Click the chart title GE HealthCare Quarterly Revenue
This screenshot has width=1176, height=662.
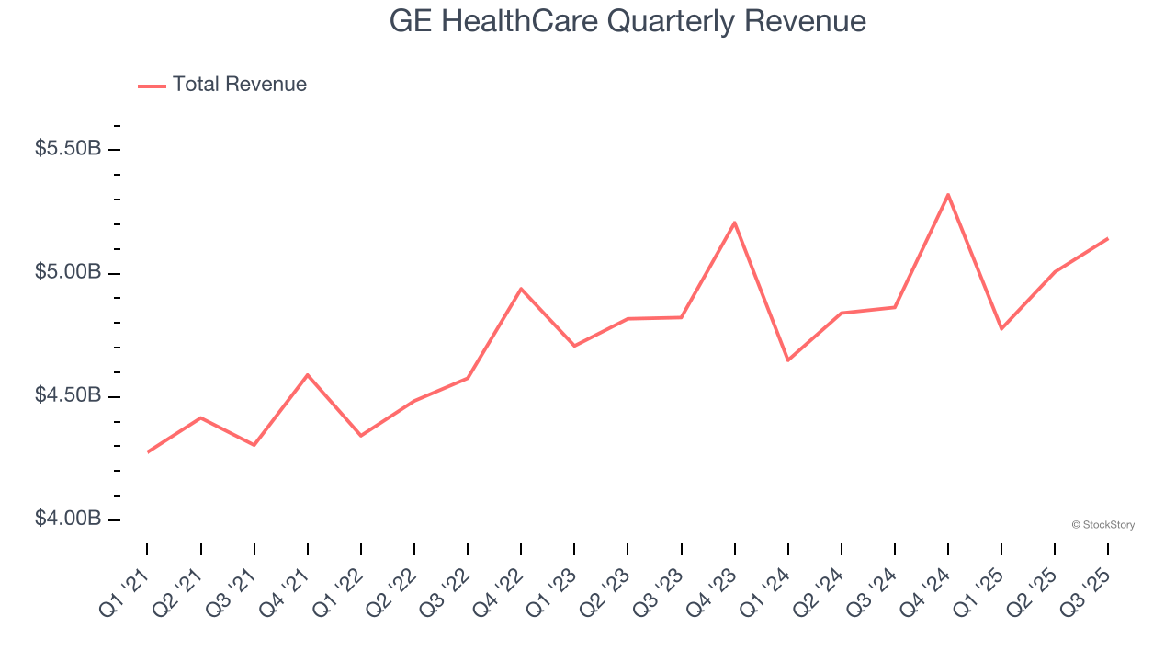(x=628, y=20)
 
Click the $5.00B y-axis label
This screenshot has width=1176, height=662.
(x=68, y=272)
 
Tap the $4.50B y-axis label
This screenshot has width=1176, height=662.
(x=68, y=395)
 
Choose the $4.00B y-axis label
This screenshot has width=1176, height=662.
(x=68, y=519)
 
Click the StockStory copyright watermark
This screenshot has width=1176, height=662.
(x=1102, y=525)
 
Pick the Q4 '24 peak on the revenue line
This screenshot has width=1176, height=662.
(x=947, y=194)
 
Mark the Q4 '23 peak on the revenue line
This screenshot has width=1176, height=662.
(x=734, y=222)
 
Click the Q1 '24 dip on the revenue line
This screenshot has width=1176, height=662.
(x=787, y=360)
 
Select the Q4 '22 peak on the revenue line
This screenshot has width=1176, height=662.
(x=521, y=289)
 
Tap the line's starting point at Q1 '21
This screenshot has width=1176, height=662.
(x=148, y=451)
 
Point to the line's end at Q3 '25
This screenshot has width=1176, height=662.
(x=1107, y=238)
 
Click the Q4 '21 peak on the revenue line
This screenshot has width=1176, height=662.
(x=307, y=374)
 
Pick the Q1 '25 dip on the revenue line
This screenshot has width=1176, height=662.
(x=1001, y=328)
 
